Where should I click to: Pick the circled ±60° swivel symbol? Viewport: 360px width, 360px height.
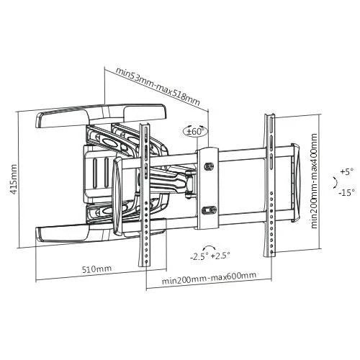[x=194, y=132]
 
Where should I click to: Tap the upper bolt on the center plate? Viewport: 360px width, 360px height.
[x=209, y=167]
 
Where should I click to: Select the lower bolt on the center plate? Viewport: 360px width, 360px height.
[x=209, y=211]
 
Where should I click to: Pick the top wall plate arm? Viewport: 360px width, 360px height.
[x=101, y=113]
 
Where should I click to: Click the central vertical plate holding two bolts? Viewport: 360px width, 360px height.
[x=209, y=189]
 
